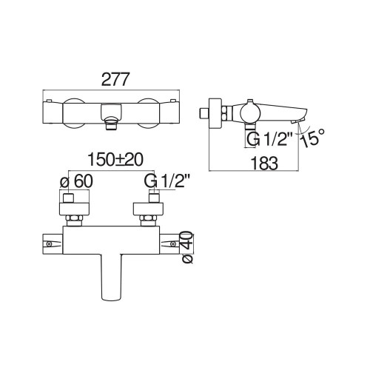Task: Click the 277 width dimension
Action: pyautogui.click(x=115, y=79)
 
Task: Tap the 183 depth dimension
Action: pyautogui.click(x=264, y=163)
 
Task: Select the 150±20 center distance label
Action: pyautogui.click(x=115, y=160)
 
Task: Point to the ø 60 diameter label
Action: pyautogui.click(x=76, y=182)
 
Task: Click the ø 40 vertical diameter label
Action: pyautogui.click(x=187, y=247)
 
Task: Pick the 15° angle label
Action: pyautogui.click(x=312, y=138)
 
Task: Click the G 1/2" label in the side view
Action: pyautogui.click(x=267, y=140)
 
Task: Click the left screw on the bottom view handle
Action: pyautogui.click(x=50, y=244)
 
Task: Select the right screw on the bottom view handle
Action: pyautogui.click(x=173, y=244)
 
